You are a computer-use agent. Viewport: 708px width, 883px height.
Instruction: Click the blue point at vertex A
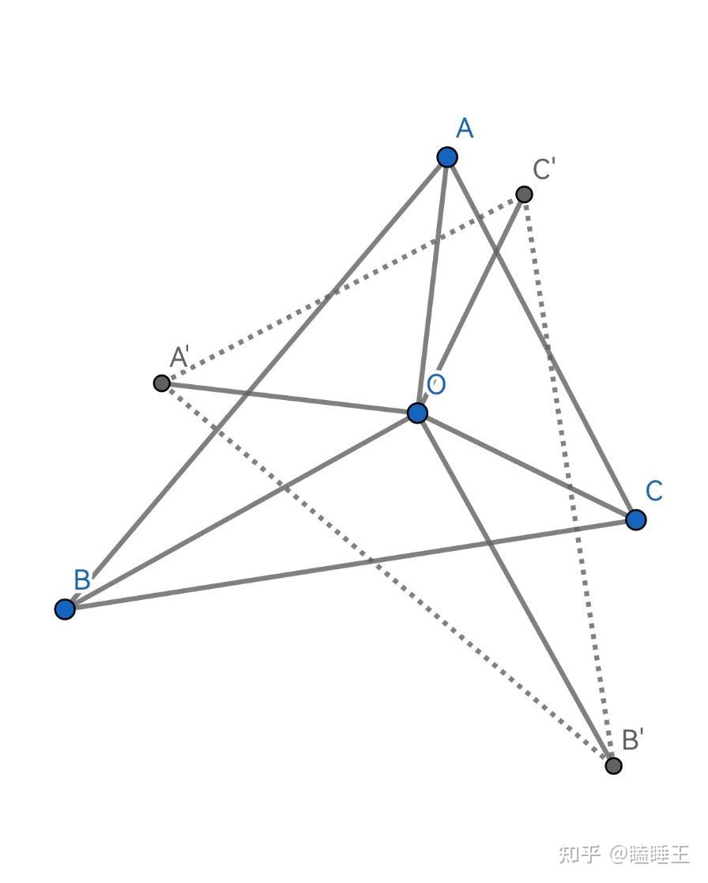[447, 157]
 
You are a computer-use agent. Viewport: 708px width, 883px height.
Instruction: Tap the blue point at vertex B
[65, 609]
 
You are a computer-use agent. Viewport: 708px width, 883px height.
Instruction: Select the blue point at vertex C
[635, 519]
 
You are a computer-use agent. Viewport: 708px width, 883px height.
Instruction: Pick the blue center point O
[417, 413]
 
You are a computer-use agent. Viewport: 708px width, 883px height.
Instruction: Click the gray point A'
[161, 383]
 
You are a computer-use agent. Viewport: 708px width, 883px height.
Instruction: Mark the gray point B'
[613, 765]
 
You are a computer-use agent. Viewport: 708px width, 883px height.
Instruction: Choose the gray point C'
[523, 194]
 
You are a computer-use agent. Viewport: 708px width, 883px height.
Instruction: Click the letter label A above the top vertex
[465, 128]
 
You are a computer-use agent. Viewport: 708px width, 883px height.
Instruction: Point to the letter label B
[81, 580]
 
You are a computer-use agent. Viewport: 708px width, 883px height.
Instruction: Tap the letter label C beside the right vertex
[653, 491]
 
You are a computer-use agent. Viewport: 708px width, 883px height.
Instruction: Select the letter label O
[436, 385]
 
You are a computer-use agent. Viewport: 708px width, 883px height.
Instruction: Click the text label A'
[179, 358]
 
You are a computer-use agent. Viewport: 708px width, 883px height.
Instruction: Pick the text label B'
[632, 740]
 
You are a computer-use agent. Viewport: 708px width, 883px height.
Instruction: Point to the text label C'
[544, 169]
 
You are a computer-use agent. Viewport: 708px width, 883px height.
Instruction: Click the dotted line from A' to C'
[342, 289]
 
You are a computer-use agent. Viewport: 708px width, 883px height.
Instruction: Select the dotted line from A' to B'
[387, 574]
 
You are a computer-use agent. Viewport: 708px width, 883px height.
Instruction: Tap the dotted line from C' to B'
[568, 480]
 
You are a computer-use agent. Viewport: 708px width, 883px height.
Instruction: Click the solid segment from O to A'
[289, 398]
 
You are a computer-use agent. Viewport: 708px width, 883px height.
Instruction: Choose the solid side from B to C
[350, 564]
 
